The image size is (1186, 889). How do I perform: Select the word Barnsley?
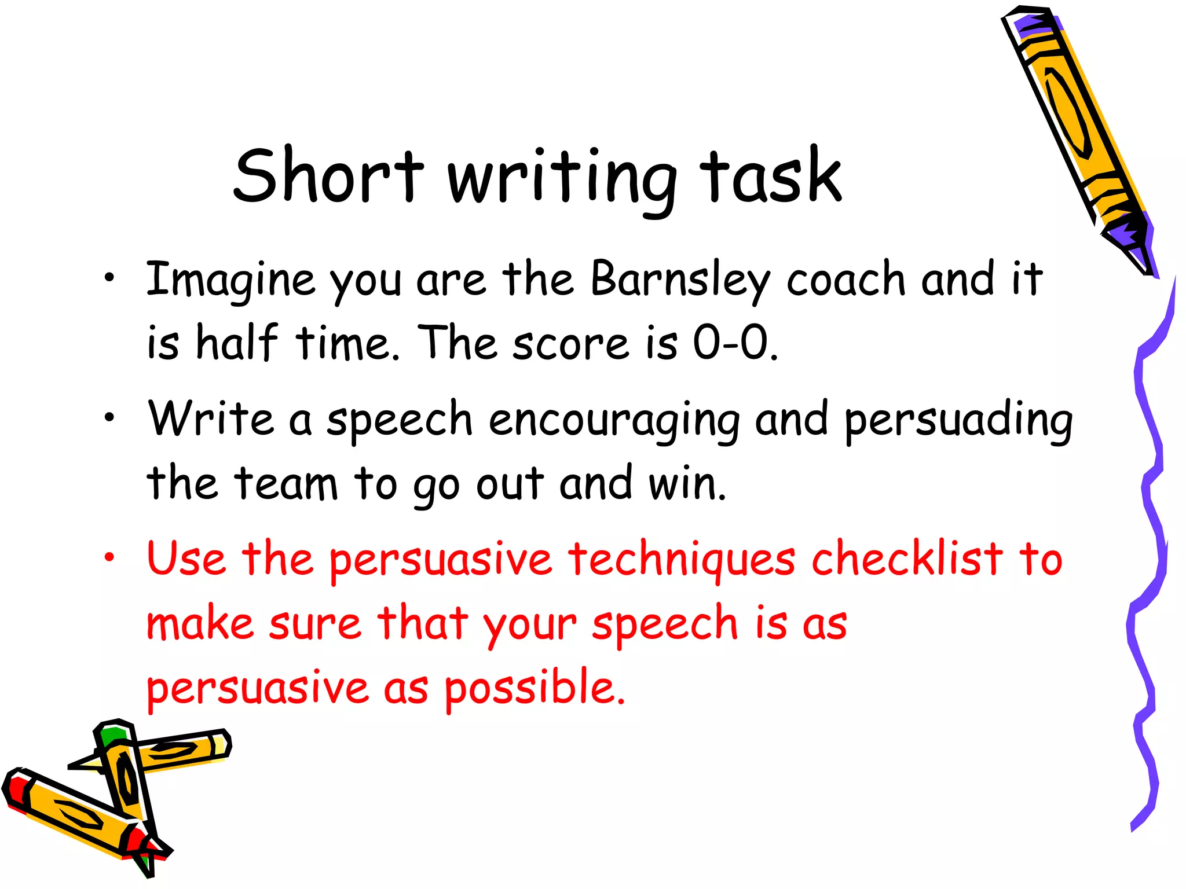[x=680, y=281]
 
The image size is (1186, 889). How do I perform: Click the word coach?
[x=845, y=280]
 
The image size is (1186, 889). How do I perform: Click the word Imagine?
[x=230, y=281]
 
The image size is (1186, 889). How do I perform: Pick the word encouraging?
[x=614, y=421]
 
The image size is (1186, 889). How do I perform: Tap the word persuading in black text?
[x=958, y=421]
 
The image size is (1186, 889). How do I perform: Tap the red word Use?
[x=186, y=559]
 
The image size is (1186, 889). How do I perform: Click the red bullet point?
[x=109, y=557]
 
